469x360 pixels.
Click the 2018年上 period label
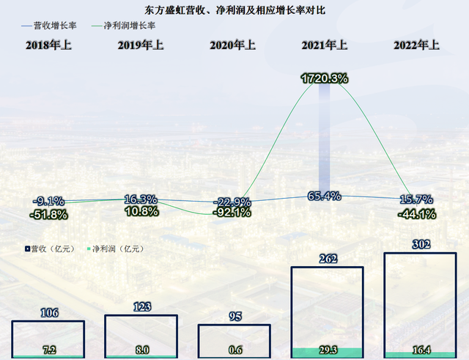pos(48,45)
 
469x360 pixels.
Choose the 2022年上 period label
pos(416,45)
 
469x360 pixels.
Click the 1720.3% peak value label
pos(323,77)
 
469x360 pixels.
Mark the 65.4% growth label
pos(323,196)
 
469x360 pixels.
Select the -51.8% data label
pos(48,215)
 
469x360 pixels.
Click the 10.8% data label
pos(141,211)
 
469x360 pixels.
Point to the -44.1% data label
pos(416,214)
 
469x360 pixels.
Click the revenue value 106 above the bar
pos(48,312)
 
